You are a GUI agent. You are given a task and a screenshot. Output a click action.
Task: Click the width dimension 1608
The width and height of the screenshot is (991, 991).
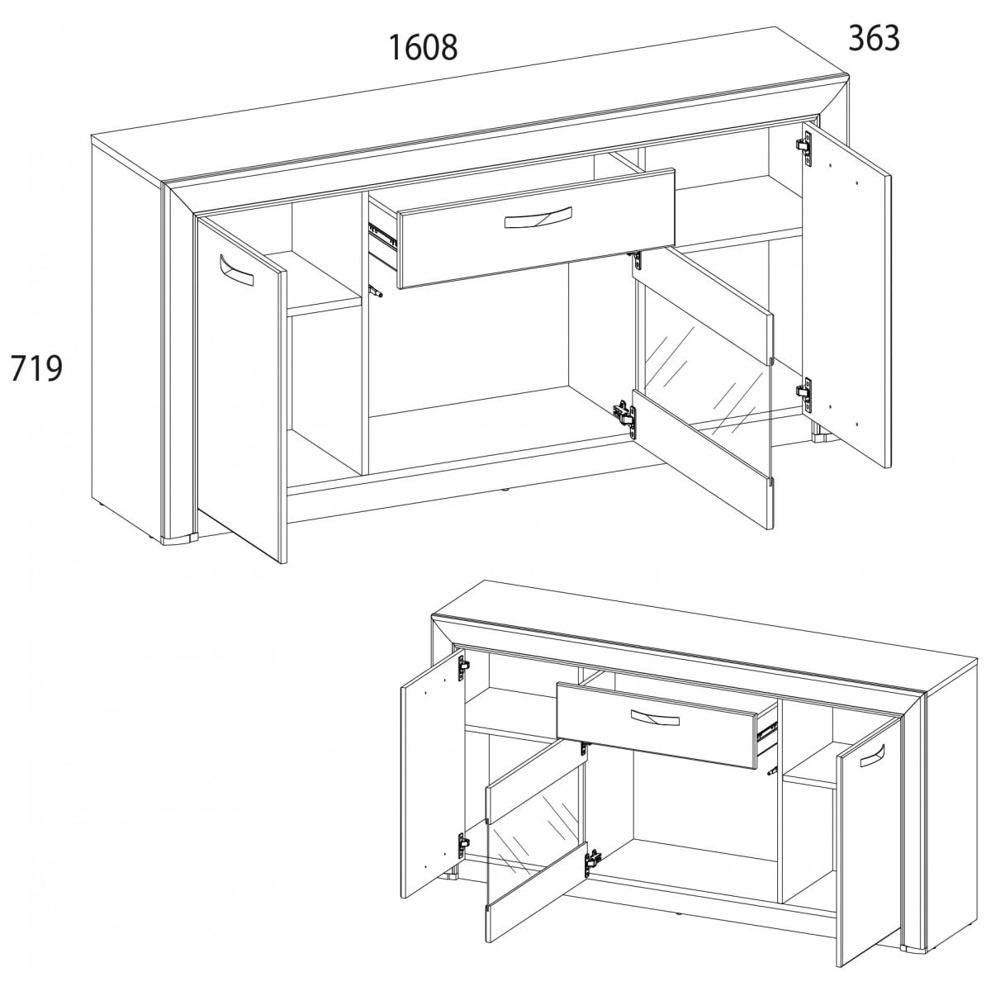pos(423,47)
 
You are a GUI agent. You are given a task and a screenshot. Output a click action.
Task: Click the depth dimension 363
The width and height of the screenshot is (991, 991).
pos(874,38)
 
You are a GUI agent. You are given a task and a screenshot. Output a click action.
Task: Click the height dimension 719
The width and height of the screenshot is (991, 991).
pos(36,368)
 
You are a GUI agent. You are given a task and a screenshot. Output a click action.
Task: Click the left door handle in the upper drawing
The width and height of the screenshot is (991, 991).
pos(236,269)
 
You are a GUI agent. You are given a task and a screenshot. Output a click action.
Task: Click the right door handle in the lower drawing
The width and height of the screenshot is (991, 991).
pos(870,759)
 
